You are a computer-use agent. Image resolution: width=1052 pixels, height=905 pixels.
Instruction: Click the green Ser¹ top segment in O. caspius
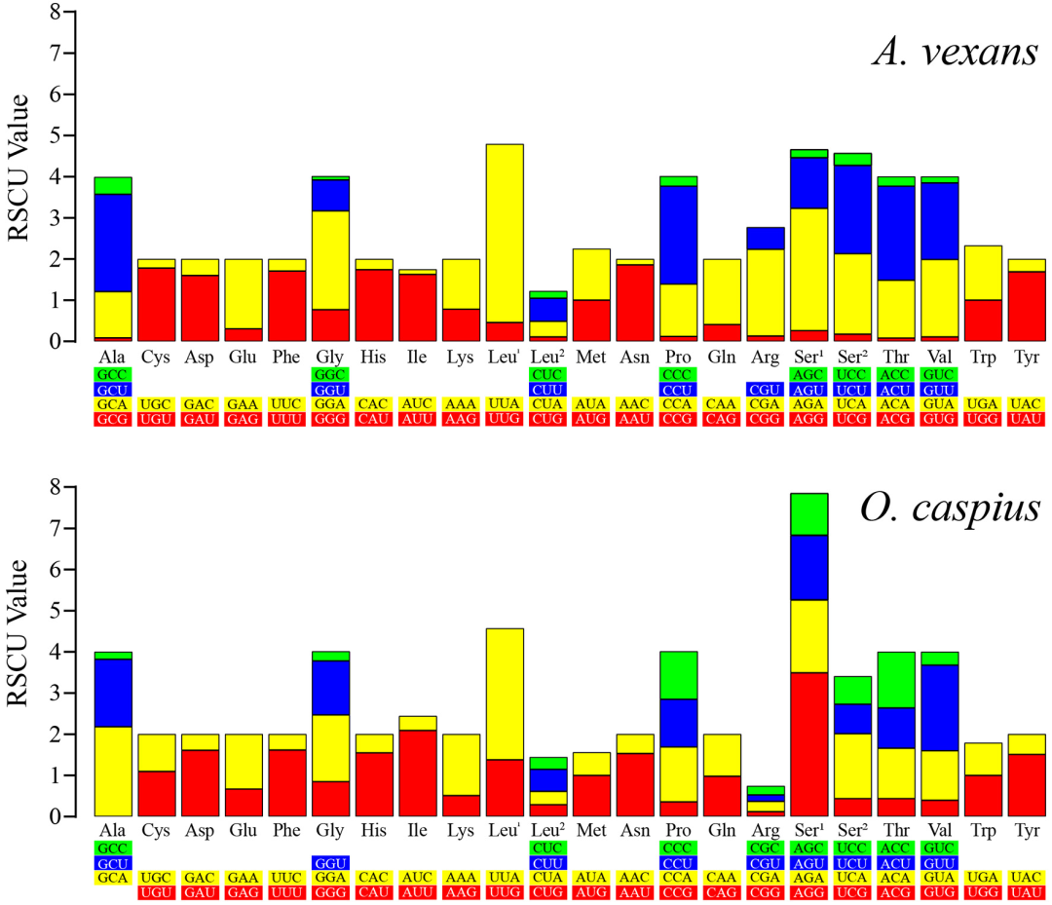coord(808,513)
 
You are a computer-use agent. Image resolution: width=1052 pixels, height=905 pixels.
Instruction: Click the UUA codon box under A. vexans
coord(505,404)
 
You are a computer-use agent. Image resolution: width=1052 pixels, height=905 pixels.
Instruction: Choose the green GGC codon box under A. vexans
coord(330,374)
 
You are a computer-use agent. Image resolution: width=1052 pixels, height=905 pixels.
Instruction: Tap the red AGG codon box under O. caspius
coord(808,893)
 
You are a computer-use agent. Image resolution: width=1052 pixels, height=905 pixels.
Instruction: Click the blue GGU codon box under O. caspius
coord(330,863)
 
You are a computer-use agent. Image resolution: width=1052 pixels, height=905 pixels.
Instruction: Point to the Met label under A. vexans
coord(591,357)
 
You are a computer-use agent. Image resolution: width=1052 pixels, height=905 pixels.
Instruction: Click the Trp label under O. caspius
coord(982,831)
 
